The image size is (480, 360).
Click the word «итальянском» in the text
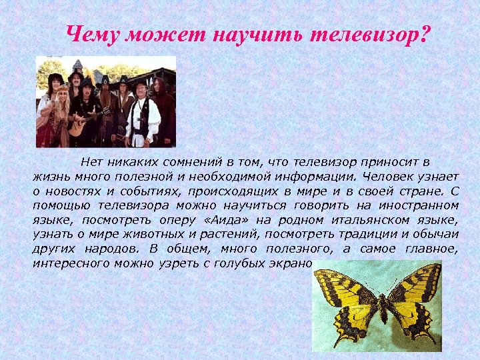(354, 220)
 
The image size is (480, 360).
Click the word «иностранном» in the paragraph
(421, 205)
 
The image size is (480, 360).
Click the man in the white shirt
(143, 113)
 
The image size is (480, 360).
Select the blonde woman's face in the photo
(60, 94)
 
